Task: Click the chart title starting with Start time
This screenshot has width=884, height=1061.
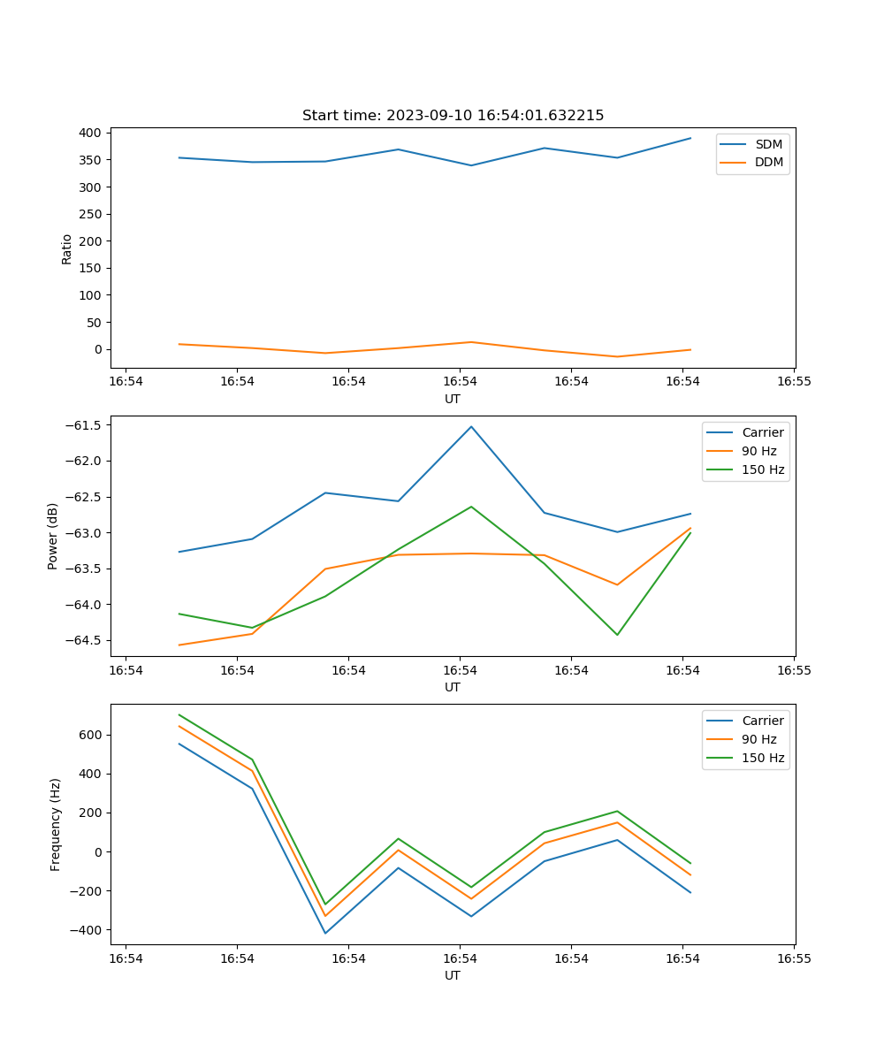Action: [x=453, y=116]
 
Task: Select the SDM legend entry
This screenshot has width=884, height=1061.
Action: [x=768, y=144]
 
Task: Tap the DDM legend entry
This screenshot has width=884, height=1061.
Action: [x=768, y=162]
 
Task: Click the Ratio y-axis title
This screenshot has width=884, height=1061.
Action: [x=67, y=248]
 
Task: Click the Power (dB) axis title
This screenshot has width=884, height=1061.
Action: [x=53, y=536]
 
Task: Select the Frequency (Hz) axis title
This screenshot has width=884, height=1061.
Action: [x=56, y=824]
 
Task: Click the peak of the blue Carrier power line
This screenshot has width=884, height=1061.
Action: [x=471, y=426]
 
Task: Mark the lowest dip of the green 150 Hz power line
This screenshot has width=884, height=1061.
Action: [x=617, y=635]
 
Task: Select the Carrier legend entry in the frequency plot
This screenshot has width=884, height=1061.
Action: [x=762, y=721]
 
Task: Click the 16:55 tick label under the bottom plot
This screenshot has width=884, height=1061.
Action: [x=793, y=958]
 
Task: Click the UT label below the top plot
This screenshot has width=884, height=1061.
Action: [x=453, y=399]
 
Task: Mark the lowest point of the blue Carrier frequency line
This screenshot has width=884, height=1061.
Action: [x=325, y=934]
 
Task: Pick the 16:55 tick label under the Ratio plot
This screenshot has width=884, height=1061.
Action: [x=793, y=382]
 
